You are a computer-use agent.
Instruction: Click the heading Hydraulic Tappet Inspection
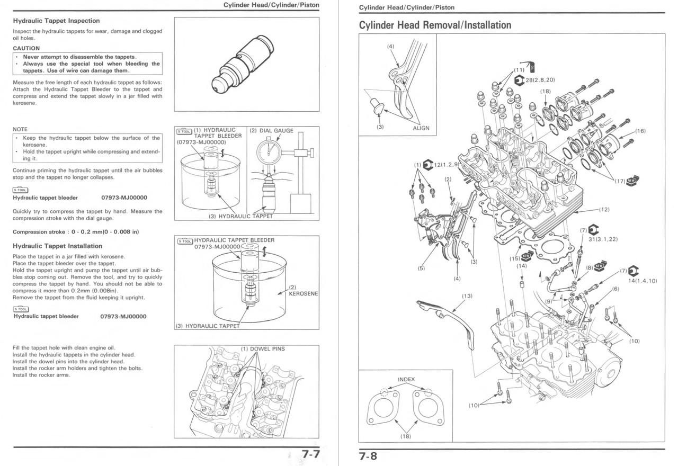coord(56,21)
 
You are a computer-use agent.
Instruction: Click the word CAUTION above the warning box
coord(26,48)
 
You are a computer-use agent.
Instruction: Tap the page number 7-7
coord(310,455)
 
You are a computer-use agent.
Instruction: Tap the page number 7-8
coord(368,455)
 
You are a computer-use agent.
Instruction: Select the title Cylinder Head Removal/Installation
coord(435,25)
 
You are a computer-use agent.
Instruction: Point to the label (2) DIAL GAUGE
coord(271,131)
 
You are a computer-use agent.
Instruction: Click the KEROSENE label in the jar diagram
coord(303,293)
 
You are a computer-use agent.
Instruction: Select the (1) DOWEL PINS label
coord(263,349)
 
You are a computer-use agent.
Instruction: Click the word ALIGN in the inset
coord(421,128)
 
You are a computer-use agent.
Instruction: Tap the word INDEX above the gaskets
coord(406,379)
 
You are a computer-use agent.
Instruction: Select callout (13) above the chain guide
coord(466,295)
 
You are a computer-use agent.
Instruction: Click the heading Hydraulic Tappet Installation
coord(57,246)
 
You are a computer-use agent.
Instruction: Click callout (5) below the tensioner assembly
coord(421,268)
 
